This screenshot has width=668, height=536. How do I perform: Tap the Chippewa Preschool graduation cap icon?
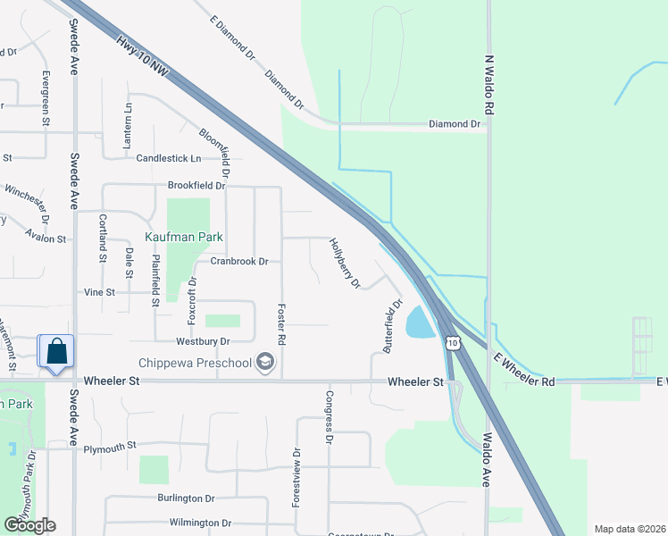[x=264, y=363]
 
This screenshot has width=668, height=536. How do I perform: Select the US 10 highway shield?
[x=453, y=343]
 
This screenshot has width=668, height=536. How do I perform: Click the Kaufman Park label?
[x=184, y=238]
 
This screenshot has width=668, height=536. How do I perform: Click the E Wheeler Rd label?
[x=524, y=369]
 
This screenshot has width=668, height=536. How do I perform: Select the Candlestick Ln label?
[x=169, y=158]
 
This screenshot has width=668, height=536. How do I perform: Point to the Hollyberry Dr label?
[x=344, y=263]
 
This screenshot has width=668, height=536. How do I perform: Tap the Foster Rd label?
[x=280, y=322]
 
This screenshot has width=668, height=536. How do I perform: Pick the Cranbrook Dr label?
[x=239, y=262]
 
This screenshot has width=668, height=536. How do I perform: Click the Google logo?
[x=29, y=525]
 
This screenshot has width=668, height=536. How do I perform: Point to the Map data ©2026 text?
[x=630, y=529]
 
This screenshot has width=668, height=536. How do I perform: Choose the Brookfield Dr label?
[x=196, y=186]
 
